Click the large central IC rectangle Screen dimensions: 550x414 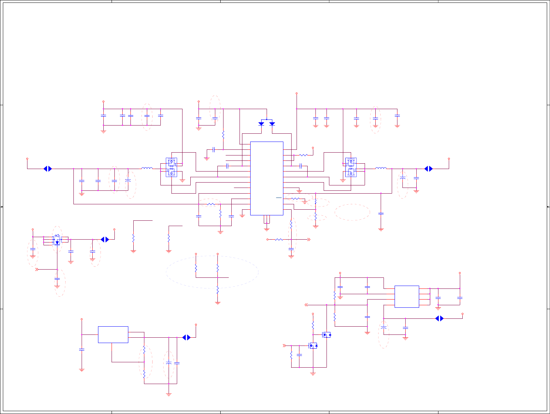[x=267, y=178]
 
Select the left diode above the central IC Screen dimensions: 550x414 [x=261, y=124]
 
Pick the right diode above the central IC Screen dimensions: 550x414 [x=272, y=124]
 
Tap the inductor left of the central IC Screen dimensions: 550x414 [x=147, y=168]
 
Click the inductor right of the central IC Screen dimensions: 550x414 [x=381, y=168]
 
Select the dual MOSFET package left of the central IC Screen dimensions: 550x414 [x=171, y=167]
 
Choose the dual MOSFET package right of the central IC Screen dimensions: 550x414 [x=351, y=167]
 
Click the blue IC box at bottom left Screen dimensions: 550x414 [x=113, y=334]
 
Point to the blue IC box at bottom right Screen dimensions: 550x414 [x=407, y=296]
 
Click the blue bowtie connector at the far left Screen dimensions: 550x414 [x=48, y=169]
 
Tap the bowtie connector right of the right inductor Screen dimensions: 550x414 [x=428, y=169]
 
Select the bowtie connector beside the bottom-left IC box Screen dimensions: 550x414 [x=186, y=337]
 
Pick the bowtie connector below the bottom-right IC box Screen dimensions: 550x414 [x=440, y=318]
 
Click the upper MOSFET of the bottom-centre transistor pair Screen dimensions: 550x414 [x=326, y=335]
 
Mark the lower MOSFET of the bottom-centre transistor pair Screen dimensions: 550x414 [x=313, y=346]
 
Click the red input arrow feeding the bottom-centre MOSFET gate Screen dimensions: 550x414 [x=284, y=346]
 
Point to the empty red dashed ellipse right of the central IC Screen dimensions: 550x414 [x=352, y=212]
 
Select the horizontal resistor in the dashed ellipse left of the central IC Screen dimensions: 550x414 [x=211, y=204]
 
